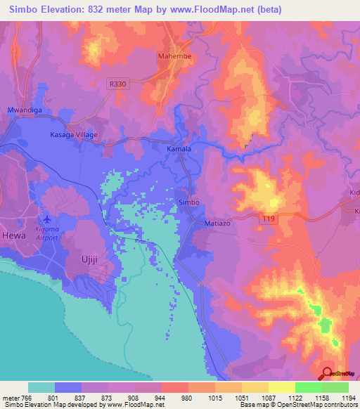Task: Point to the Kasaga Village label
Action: (x=73, y=134)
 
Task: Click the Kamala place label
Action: (x=179, y=150)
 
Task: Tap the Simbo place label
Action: (x=189, y=202)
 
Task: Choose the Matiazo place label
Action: (x=217, y=222)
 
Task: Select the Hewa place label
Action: (x=13, y=235)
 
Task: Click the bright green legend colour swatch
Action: (x=309, y=387)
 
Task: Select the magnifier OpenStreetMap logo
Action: (x=327, y=373)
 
